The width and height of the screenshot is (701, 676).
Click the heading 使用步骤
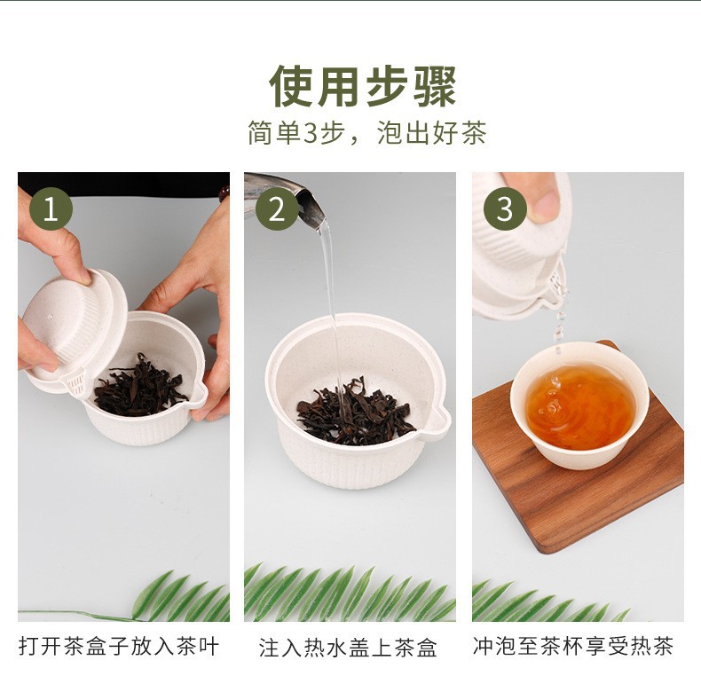click(x=363, y=86)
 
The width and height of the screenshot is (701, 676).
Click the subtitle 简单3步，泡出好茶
click(x=366, y=133)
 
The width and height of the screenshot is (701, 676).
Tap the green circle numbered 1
click(x=51, y=209)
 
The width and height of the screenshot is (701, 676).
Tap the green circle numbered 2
click(x=277, y=209)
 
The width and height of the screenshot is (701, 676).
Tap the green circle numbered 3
click(x=505, y=209)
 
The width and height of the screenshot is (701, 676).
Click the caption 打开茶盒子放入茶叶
click(x=119, y=647)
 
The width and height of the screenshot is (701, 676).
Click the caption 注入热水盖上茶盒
click(x=348, y=648)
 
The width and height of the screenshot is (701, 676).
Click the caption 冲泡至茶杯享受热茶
click(x=572, y=646)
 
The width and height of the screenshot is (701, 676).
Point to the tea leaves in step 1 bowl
click(x=139, y=387)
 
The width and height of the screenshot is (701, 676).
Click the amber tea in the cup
click(x=580, y=406)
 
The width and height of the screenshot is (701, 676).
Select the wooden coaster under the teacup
click(x=577, y=469)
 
